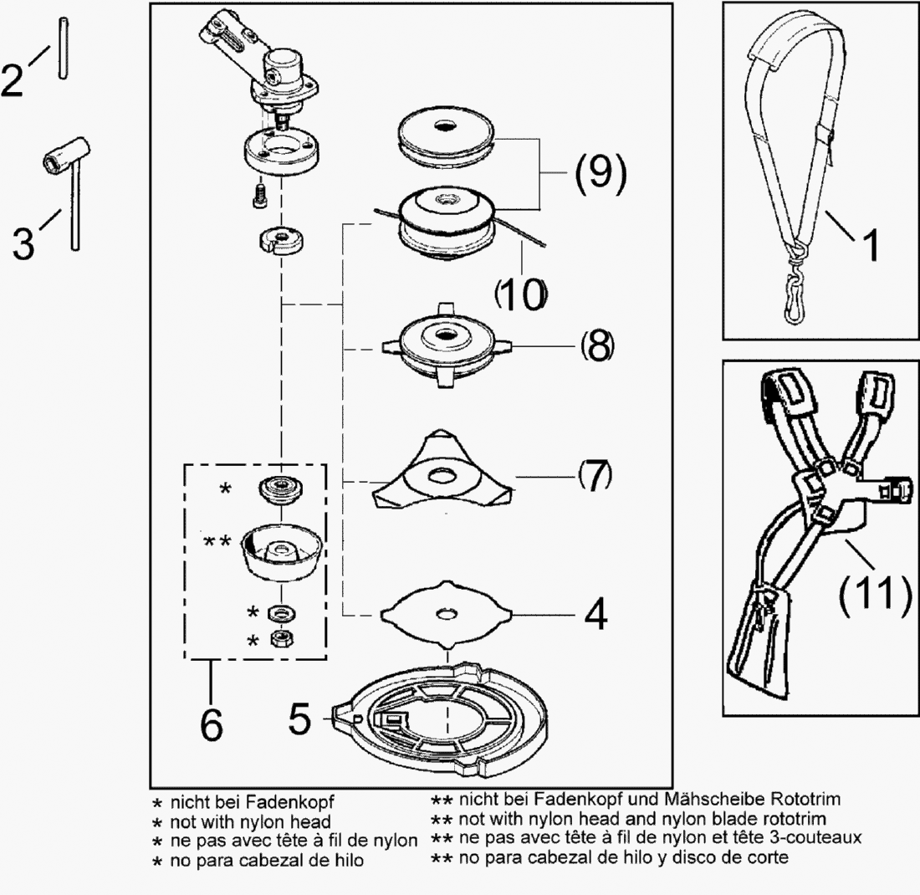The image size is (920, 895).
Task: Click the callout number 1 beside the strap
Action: tap(869, 247)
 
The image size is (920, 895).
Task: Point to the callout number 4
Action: tap(595, 615)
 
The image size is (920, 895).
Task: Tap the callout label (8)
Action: tap(596, 345)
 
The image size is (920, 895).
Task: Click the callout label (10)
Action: tap(522, 294)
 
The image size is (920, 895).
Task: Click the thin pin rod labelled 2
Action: tap(62, 49)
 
